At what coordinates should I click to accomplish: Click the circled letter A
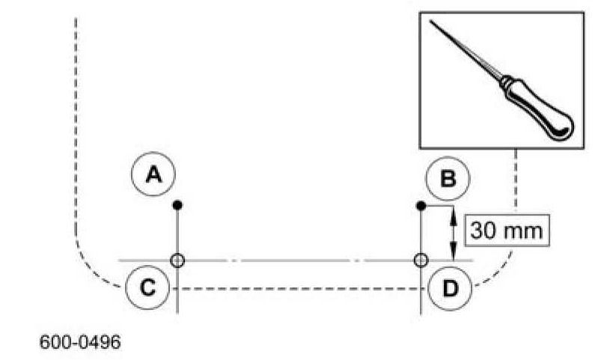coord(153,174)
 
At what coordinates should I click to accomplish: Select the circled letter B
coord(447,178)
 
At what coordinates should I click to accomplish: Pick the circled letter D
coord(450,287)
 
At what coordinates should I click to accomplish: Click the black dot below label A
coord(177,204)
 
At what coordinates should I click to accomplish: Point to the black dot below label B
coord(421,204)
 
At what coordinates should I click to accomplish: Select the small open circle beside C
coord(177,260)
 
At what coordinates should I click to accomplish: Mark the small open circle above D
coord(421,260)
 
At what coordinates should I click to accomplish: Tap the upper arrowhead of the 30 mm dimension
coord(452,214)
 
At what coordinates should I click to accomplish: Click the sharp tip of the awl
coord(433,23)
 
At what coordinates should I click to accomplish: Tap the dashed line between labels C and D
coord(299,287)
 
